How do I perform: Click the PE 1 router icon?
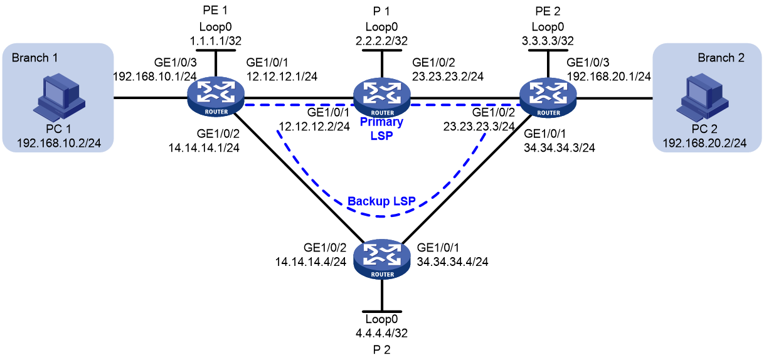click(216, 97)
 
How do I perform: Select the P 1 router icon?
click(382, 97)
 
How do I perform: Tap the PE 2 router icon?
click(548, 97)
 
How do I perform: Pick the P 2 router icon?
click(382, 259)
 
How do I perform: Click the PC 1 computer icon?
click(59, 97)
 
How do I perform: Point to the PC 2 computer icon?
click(703, 97)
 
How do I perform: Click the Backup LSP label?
click(381, 201)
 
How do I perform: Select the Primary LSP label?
click(381, 129)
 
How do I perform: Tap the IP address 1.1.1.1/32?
click(216, 41)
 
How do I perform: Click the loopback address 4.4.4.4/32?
click(381, 333)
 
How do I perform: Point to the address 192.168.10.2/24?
click(59, 143)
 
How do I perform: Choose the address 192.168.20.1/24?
click(609, 77)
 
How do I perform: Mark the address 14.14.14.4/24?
click(310, 262)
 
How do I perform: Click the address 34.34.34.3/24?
click(560, 148)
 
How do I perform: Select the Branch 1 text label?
click(34, 58)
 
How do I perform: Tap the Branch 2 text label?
click(721, 58)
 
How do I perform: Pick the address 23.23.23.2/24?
click(448, 77)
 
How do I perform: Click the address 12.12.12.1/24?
click(282, 77)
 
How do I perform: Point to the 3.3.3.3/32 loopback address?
click(548, 41)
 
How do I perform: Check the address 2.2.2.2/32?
click(381, 41)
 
